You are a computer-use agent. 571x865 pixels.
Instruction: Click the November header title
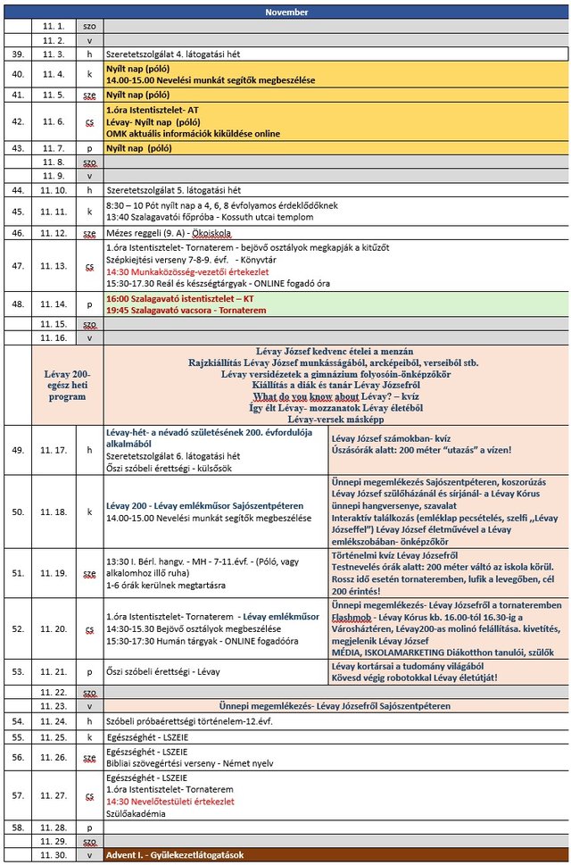(x=286, y=12)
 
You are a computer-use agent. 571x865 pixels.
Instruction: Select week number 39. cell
(x=18, y=54)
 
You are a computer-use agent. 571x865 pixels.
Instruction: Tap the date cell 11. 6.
(x=53, y=121)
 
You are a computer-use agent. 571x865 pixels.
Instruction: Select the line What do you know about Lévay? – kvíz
(x=335, y=396)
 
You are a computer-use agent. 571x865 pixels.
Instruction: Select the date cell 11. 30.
(x=53, y=855)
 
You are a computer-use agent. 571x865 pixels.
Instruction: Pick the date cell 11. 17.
(x=53, y=450)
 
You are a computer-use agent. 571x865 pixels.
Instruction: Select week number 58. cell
(x=18, y=828)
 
